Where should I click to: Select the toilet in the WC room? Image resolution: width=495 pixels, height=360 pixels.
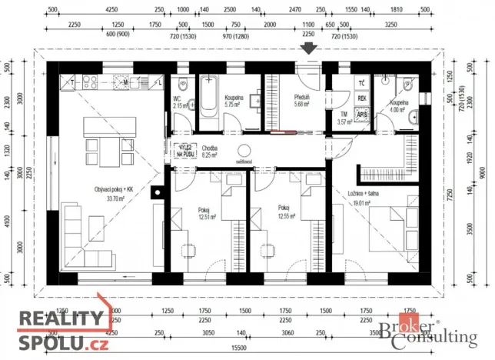[x=181, y=85]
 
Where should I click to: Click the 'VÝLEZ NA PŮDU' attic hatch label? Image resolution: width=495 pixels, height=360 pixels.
[x=188, y=152]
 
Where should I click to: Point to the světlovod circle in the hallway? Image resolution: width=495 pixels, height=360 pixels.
[x=245, y=151]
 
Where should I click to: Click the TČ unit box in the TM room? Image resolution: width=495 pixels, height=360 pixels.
[x=362, y=83]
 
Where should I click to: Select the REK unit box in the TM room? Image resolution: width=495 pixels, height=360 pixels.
[x=362, y=99]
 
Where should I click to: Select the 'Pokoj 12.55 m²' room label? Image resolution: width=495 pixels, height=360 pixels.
[x=284, y=212]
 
